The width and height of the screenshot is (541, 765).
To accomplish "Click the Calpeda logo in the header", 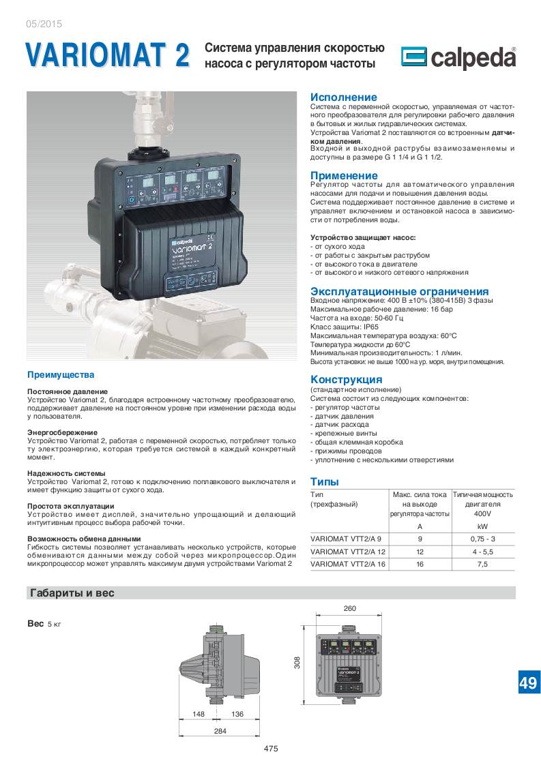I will (458, 59).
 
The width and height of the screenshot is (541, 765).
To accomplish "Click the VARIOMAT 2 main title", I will (107, 55).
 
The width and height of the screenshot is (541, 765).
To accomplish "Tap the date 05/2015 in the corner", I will (43, 23).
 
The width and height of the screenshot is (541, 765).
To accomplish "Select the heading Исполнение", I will (343, 97).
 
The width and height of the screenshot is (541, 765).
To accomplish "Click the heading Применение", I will (344, 176).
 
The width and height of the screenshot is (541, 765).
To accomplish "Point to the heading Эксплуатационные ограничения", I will (399, 291).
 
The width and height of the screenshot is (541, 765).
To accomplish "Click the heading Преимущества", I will (61, 375).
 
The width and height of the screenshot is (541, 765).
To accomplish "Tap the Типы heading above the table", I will (325, 481).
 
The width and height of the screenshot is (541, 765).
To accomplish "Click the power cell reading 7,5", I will (482, 564).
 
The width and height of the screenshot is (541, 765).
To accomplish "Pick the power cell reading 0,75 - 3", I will (482, 538).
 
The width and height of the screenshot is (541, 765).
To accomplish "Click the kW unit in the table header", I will (482, 526).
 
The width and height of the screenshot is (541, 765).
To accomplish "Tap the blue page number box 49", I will (527, 683).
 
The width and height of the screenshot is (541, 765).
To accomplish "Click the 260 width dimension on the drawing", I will (349, 609).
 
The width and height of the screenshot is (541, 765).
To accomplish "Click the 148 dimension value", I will (199, 714).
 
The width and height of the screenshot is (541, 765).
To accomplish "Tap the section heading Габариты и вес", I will (72, 593).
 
